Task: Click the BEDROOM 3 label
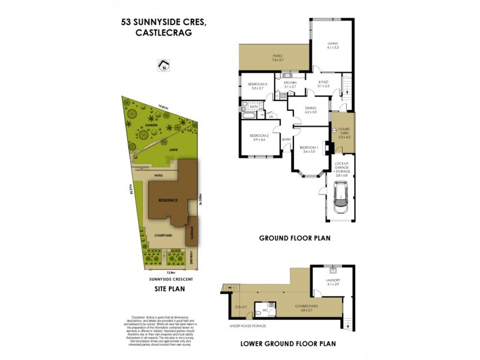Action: click(x=257, y=86)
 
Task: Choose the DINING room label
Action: click(x=310, y=110)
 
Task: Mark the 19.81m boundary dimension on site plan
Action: click(x=161, y=107)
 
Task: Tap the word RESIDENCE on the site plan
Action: click(x=167, y=200)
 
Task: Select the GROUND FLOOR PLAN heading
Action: click(x=295, y=238)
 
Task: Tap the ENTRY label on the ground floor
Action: click(x=286, y=140)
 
